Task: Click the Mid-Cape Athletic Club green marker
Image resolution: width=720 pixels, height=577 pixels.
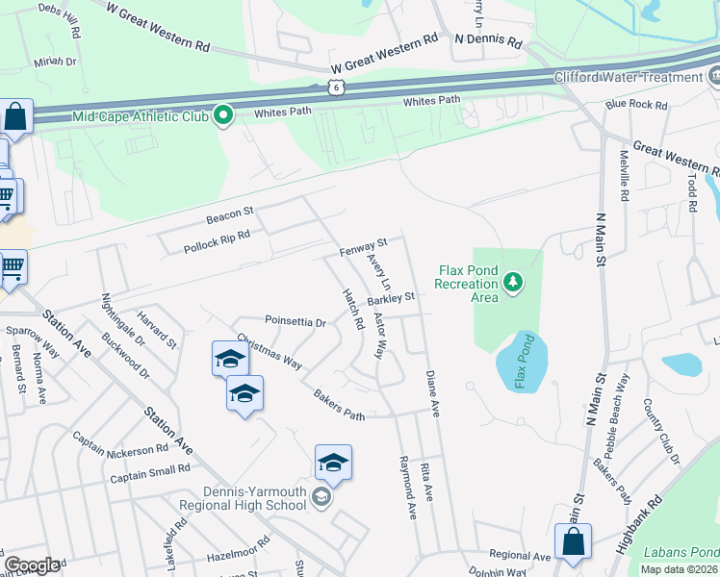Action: [224, 116]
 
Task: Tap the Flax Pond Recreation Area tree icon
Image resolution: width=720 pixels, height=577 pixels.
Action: [514, 282]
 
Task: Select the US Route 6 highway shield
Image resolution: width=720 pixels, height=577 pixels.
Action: [335, 87]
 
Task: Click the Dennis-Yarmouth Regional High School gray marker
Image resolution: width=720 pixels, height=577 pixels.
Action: [321, 496]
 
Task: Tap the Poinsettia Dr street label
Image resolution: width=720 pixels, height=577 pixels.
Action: [296, 321]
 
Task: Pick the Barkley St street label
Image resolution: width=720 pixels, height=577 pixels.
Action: [391, 299]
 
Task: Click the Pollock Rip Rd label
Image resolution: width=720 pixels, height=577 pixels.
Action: [217, 241]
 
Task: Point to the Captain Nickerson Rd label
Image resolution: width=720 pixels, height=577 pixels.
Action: [120, 443]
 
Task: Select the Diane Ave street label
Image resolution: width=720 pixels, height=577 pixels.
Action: [433, 394]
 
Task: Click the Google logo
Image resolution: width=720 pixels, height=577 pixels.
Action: [33, 564]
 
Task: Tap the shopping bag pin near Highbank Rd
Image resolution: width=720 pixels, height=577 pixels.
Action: [573, 540]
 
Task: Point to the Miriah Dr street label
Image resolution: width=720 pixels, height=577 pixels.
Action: [55, 62]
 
